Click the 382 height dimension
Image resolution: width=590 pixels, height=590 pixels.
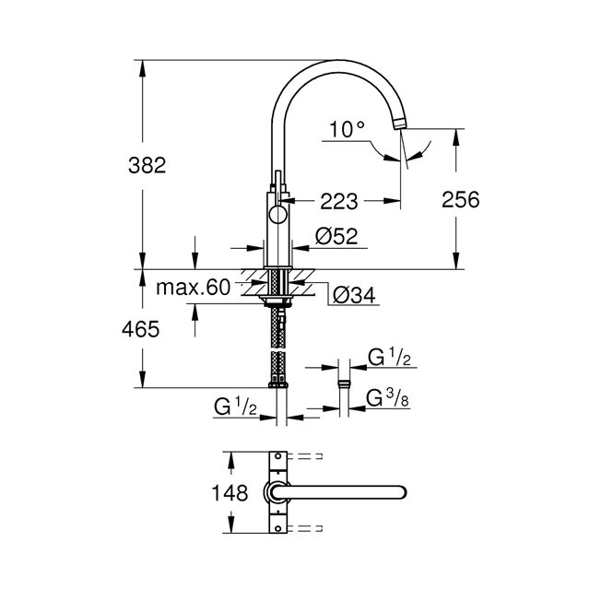coord(147,165)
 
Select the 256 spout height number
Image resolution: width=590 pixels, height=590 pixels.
coord(460,199)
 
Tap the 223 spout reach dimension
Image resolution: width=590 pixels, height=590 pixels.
coord(338,201)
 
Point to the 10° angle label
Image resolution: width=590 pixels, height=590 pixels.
coord(347,129)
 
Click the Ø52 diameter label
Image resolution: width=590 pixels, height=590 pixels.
coord(336,236)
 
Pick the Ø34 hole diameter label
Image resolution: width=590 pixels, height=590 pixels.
coord(354,295)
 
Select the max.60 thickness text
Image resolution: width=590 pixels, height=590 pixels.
coord(193,288)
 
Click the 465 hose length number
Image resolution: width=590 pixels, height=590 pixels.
coord(140,329)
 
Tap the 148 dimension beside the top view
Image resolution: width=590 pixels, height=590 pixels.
coord(230,492)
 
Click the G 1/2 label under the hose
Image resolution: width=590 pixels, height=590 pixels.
coord(236,407)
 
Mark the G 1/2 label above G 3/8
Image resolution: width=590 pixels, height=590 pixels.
coord(389,357)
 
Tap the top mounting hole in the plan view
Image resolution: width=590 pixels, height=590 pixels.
coord(278,456)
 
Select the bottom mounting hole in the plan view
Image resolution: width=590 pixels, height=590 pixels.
coord(278,528)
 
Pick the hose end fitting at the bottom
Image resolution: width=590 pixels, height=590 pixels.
coord(278,384)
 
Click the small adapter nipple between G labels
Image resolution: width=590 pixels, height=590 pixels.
coord(344,383)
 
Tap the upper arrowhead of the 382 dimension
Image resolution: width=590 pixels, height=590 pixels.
coord(142,67)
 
